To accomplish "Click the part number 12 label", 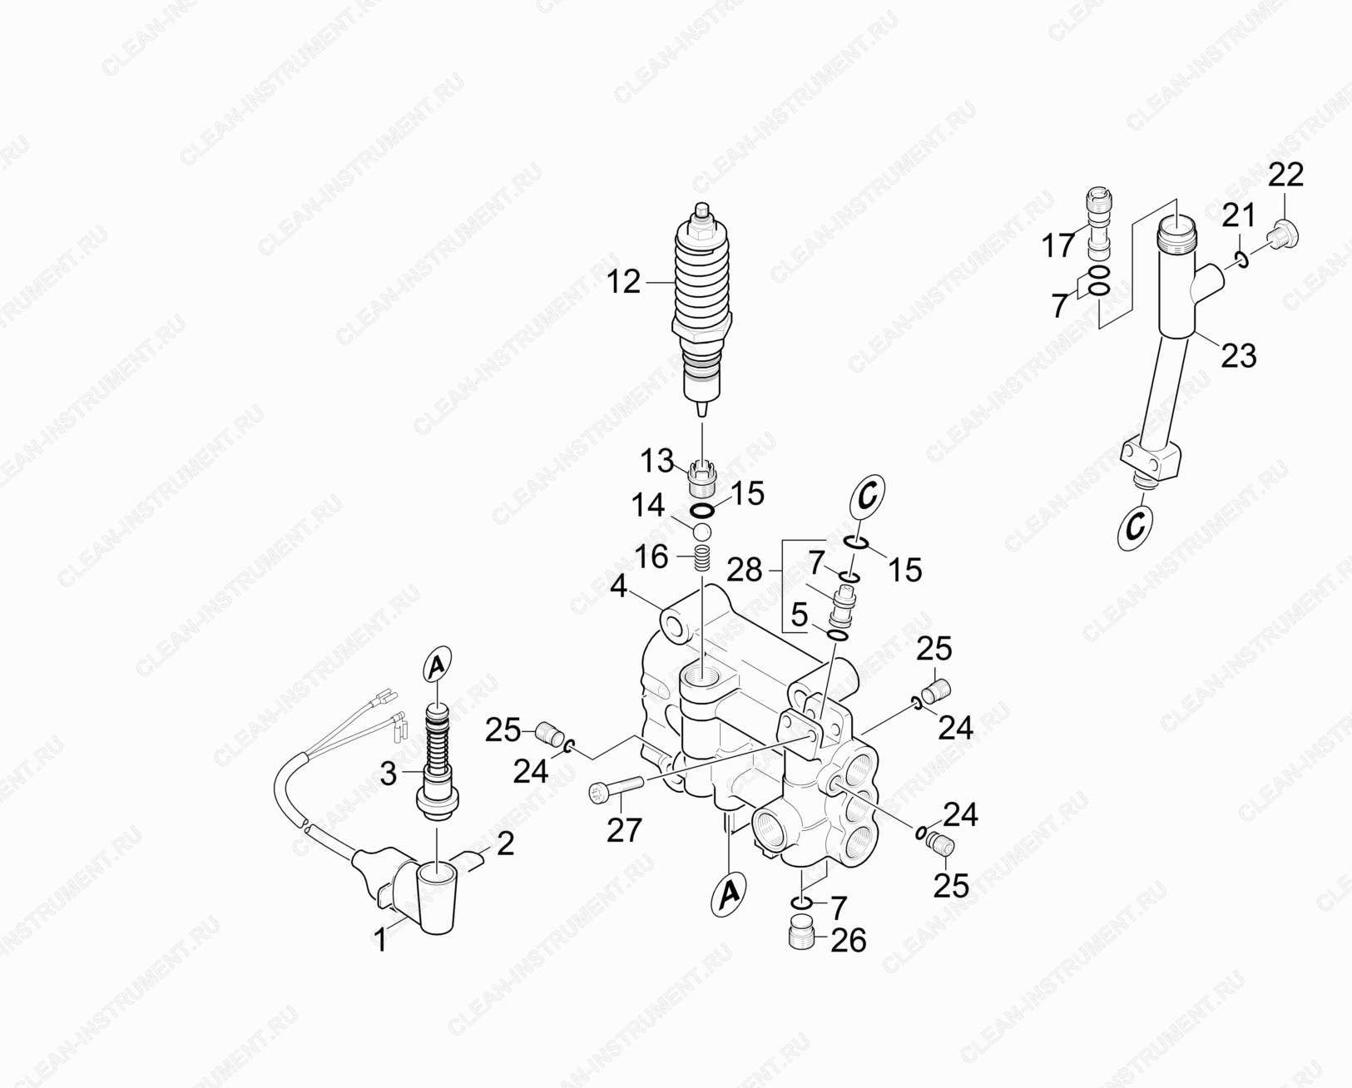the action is click(x=623, y=282).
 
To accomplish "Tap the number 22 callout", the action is click(x=1285, y=175).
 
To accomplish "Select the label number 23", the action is click(x=1238, y=355).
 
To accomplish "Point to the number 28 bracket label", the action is click(x=744, y=571).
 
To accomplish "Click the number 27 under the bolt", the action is click(x=625, y=830).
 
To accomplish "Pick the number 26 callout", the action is click(x=848, y=941).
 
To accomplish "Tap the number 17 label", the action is click(x=1058, y=245).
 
